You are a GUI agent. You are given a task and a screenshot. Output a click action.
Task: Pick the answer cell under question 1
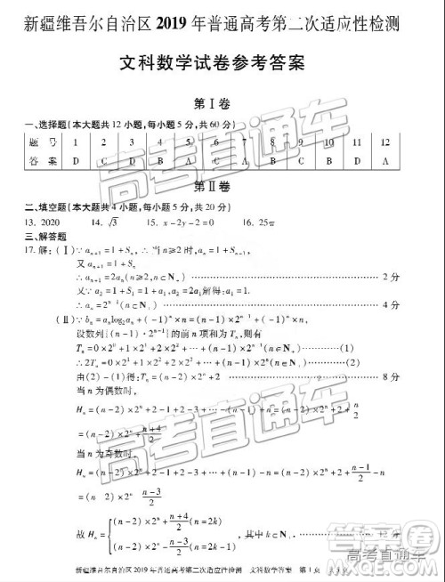pyautogui.click(x=77, y=161)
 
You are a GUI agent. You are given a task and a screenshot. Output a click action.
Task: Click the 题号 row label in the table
pyautogui.click(x=37, y=142)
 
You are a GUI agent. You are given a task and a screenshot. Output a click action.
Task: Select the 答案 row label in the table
pyautogui.click(x=37, y=161)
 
